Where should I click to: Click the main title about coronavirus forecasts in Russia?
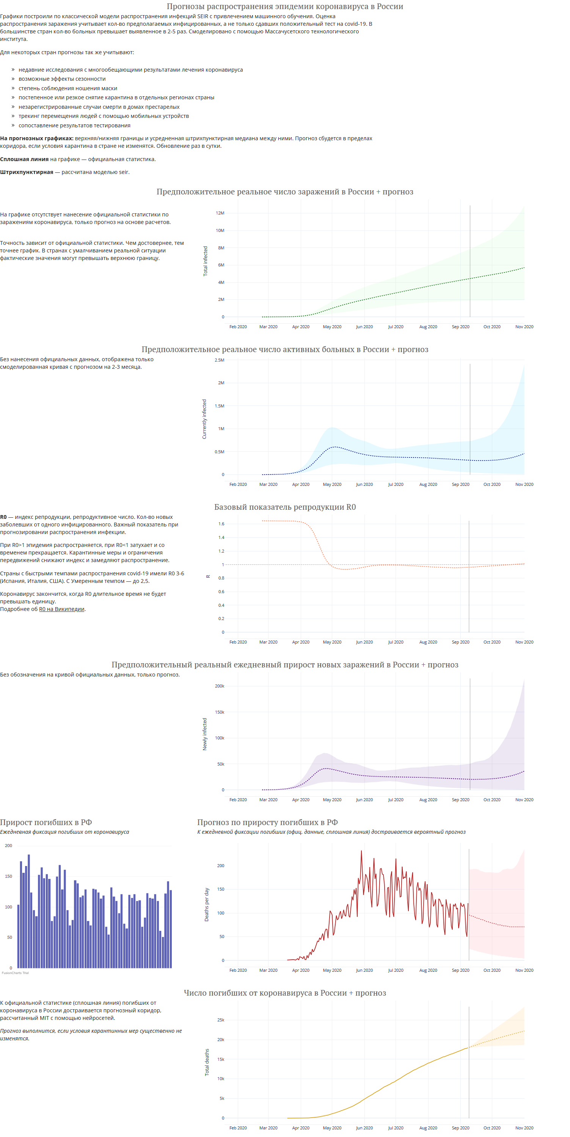pos(285,6)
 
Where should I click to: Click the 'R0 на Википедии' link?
pos(61,609)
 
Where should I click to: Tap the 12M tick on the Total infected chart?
pos(220,213)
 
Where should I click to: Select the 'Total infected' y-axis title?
pos(205,261)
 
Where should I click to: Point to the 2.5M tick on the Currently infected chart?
pos(220,360)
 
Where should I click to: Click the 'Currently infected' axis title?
pos(204,419)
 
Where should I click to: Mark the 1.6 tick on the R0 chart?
pos(221,524)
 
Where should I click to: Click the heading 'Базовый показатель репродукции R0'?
pos(285,507)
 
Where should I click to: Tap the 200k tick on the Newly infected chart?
pos(220,686)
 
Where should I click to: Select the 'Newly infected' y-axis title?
pos(205,734)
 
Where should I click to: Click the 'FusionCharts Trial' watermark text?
pos(15,973)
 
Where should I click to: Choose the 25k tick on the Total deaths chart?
pos(221,1020)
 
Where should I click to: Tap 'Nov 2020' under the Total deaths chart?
pos(524,1128)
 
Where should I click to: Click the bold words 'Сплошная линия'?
pos(24,159)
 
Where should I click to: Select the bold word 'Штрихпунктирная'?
pos(27,172)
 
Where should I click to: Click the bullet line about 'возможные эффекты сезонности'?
pos(62,79)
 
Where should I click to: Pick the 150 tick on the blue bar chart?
pos(8,876)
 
